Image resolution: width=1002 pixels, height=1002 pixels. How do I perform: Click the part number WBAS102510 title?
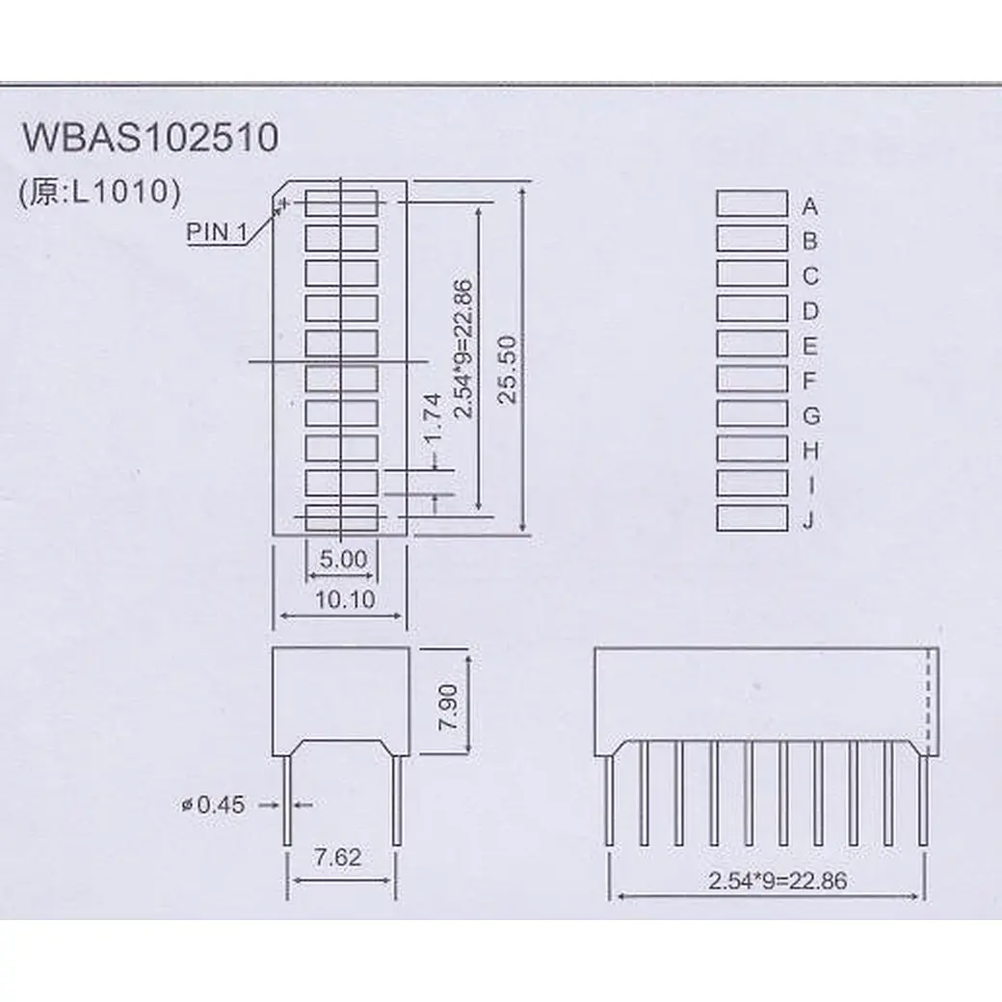point(150,139)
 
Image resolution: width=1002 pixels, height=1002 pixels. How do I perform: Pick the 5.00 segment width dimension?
point(341,558)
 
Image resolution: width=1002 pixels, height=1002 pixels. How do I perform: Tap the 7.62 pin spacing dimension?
point(339,857)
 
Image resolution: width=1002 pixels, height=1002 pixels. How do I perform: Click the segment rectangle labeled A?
point(751,203)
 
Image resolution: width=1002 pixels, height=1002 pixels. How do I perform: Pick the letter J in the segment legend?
point(810,522)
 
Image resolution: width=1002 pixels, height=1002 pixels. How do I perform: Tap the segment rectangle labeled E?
point(751,343)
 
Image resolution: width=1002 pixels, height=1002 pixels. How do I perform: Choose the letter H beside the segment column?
point(810,450)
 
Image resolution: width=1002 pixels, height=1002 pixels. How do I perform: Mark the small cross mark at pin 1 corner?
point(283,204)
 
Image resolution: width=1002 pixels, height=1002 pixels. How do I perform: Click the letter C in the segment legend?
point(810,277)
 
